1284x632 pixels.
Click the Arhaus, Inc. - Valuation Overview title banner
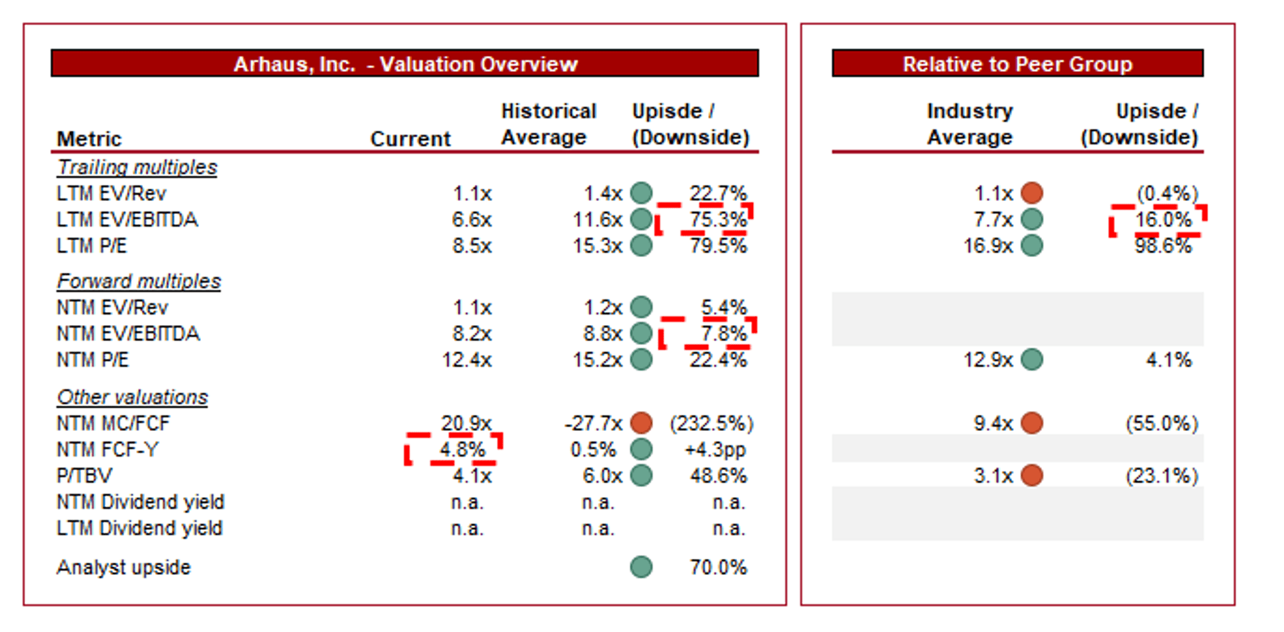click(405, 64)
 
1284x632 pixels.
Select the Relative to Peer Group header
click(1018, 64)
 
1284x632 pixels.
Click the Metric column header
click(89, 139)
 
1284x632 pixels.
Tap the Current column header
click(411, 139)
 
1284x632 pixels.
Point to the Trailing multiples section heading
click(137, 167)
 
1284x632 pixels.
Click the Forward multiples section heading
click(139, 281)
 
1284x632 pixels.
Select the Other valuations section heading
click(132, 397)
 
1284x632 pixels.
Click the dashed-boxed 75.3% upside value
click(718, 220)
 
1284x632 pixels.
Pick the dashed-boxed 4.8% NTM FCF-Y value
click(462, 449)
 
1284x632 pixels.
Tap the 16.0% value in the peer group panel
click(1163, 220)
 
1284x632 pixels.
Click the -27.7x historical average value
click(593, 423)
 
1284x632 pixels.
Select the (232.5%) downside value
click(711, 423)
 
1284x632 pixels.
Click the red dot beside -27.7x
click(641, 423)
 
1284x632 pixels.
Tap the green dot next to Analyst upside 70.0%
click(641, 566)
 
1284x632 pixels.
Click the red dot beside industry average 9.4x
click(1032, 423)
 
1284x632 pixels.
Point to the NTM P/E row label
click(92, 360)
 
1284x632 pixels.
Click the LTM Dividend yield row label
click(139, 528)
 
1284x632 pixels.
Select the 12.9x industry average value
click(988, 360)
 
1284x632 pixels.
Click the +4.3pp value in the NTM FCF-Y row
click(715, 450)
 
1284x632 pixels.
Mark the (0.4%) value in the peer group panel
click(1167, 193)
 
